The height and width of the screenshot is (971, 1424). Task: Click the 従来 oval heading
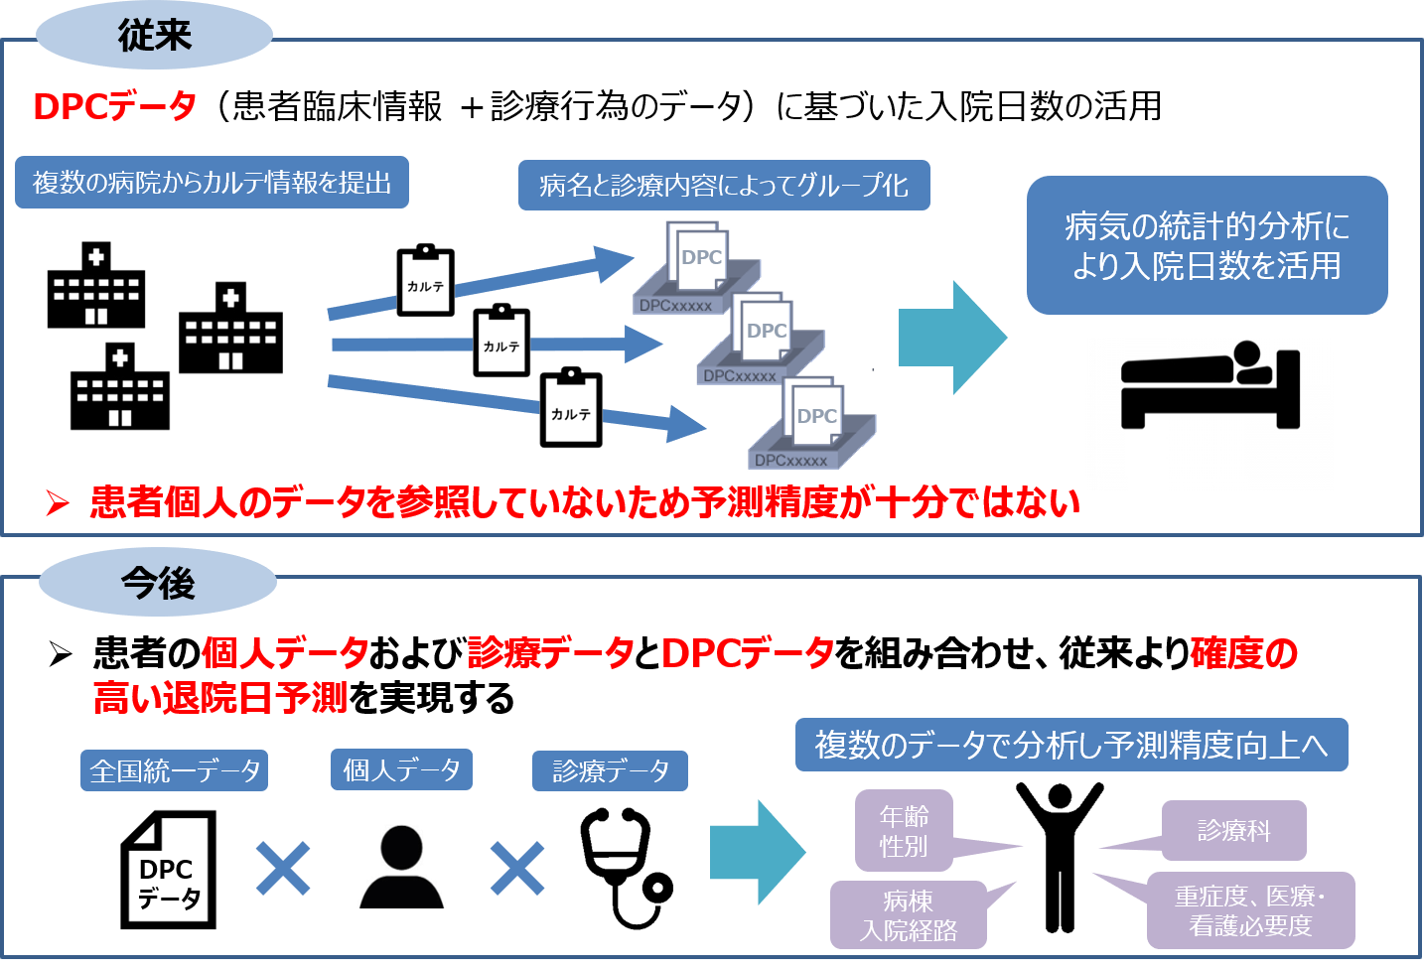(154, 36)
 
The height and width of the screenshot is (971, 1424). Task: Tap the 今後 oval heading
(158, 583)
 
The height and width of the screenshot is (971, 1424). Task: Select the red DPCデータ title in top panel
(114, 106)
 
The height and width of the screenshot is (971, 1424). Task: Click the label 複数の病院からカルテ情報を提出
(212, 183)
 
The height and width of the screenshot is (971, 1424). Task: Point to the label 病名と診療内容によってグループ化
(724, 186)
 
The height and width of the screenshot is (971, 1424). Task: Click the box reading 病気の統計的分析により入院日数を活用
(1207, 246)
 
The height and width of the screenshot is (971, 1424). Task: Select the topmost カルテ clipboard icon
(426, 282)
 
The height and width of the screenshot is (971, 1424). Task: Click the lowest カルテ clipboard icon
(571, 409)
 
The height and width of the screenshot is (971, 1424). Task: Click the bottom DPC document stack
(812, 424)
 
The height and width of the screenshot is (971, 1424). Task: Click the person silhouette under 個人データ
(402, 866)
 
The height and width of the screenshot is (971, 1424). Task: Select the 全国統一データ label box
(175, 770)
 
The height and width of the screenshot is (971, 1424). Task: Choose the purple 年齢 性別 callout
(904, 831)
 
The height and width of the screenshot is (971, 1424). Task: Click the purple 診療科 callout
(1233, 830)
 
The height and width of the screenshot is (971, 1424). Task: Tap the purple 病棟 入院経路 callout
(908, 915)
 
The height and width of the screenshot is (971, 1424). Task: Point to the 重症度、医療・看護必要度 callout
(1250, 911)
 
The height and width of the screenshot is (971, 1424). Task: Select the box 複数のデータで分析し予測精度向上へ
(1071, 745)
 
